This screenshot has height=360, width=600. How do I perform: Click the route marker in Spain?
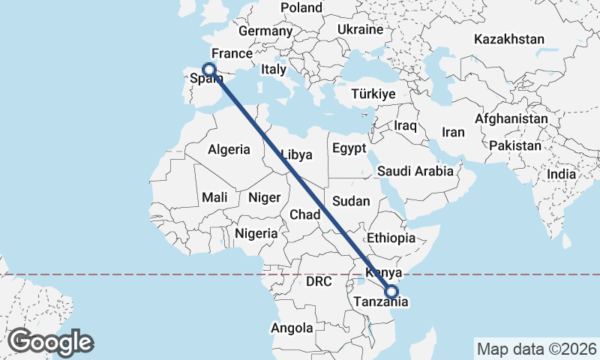click(209, 69)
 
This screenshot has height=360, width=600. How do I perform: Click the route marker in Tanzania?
click(391, 292)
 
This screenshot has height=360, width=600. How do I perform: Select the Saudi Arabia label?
click(415, 171)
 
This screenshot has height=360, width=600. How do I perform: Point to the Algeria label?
click(229, 149)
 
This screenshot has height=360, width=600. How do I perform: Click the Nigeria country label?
click(256, 233)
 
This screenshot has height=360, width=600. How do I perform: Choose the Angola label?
click(292, 328)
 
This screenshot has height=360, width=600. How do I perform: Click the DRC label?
click(319, 282)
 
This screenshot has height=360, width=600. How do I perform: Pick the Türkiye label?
click(373, 94)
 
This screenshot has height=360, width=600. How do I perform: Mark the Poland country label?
click(301, 7)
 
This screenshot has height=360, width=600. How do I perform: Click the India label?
click(562, 174)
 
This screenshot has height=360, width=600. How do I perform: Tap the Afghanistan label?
click(511, 118)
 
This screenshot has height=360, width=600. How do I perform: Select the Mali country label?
click(214, 198)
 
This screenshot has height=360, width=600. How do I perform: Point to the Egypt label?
click(349, 147)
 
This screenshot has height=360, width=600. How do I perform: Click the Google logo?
click(50, 342)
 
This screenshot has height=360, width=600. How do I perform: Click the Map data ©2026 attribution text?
click(537, 349)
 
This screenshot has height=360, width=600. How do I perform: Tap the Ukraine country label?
click(360, 30)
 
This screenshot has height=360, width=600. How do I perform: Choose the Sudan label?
click(351, 201)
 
